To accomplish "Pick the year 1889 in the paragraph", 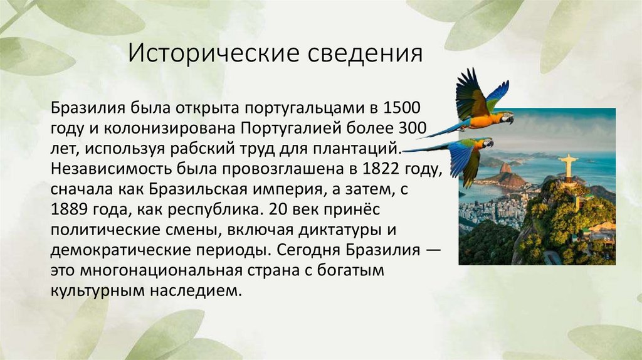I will coord(71,209).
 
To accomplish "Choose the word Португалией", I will coord(292,129).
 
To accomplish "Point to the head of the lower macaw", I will coord(487,144).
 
